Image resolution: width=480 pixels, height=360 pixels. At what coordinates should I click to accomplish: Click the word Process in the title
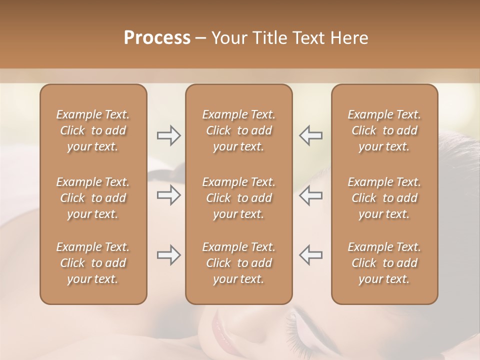coord(157,38)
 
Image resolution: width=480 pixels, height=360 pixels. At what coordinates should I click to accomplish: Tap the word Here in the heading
coord(349,38)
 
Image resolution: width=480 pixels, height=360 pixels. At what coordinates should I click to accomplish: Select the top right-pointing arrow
coord(169,135)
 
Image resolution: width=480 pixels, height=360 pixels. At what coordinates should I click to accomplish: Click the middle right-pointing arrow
coord(169,195)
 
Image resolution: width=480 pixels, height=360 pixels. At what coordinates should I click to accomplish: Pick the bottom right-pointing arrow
coord(169,255)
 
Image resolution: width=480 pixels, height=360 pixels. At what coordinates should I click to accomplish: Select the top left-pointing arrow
coord(310,135)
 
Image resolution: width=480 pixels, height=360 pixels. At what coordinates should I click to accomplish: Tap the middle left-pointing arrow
coord(310,195)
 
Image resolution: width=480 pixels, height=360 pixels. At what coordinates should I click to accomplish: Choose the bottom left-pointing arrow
coord(310,255)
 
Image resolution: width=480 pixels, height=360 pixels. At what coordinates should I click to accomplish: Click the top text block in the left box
coord(93,130)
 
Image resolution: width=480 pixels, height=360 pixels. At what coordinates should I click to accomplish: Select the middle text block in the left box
coord(93,198)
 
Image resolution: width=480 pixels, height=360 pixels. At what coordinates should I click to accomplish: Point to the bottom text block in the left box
coord(93,263)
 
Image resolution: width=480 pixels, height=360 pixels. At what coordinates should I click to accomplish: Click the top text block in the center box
coord(239,130)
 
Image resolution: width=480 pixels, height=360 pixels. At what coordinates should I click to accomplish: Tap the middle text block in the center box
coord(239,198)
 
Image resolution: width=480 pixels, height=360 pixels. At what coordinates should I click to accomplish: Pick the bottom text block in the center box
coord(239,263)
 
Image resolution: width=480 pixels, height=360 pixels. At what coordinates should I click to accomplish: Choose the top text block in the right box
coord(384,130)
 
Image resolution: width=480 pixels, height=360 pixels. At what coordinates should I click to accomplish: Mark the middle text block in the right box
coord(384,198)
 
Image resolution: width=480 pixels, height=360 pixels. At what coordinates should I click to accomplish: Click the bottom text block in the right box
coord(384,263)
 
